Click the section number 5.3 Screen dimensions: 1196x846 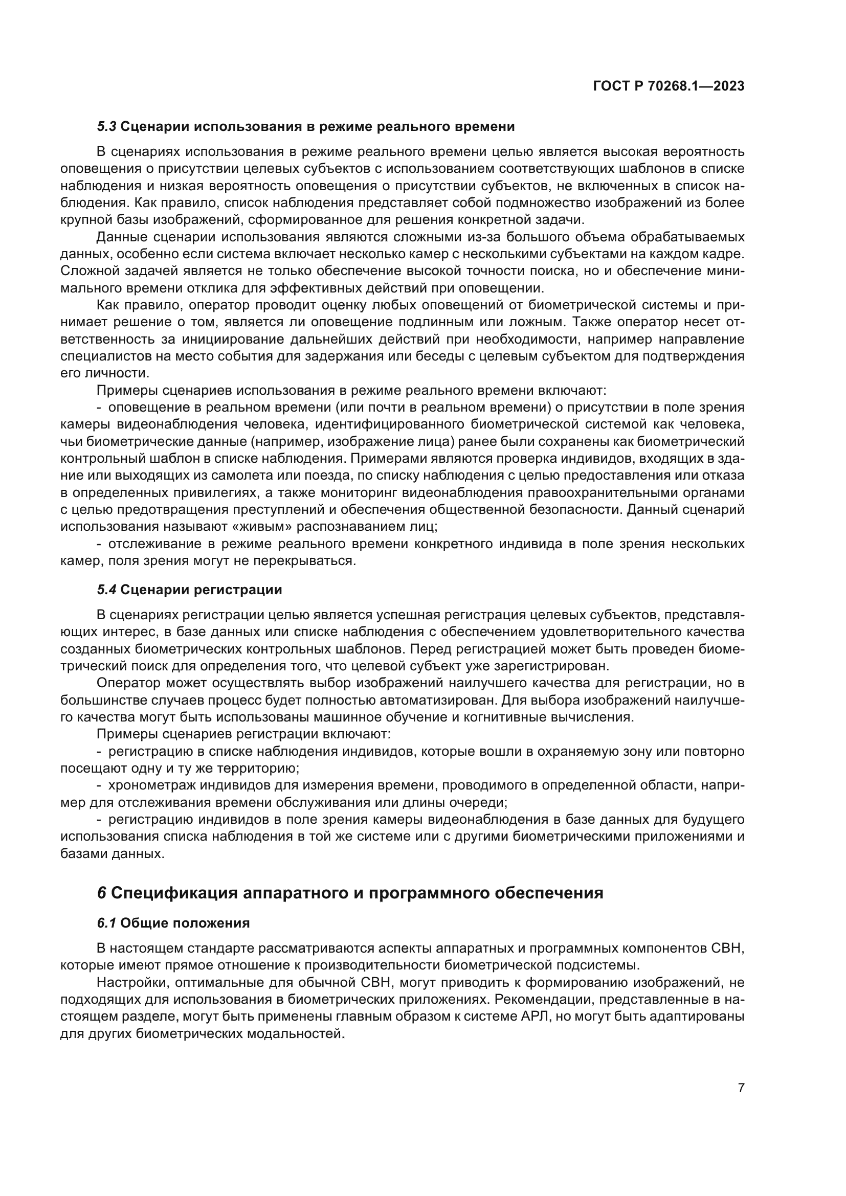(106, 127)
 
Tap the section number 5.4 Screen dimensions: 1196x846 (106, 590)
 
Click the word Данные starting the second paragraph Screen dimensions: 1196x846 (121, 238)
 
